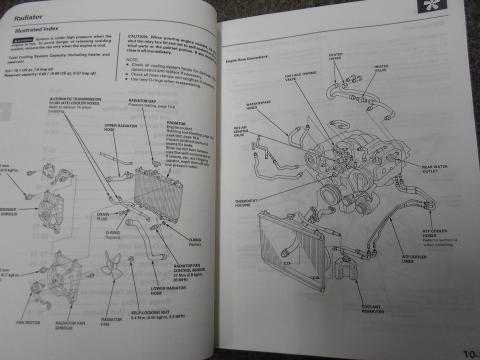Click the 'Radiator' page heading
point(28,18)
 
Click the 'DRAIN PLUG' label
point(106,216)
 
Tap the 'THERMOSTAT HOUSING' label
point(245,204)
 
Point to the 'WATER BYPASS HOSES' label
point(258,106)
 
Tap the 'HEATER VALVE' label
point(381,68)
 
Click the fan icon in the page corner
point(429,8)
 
